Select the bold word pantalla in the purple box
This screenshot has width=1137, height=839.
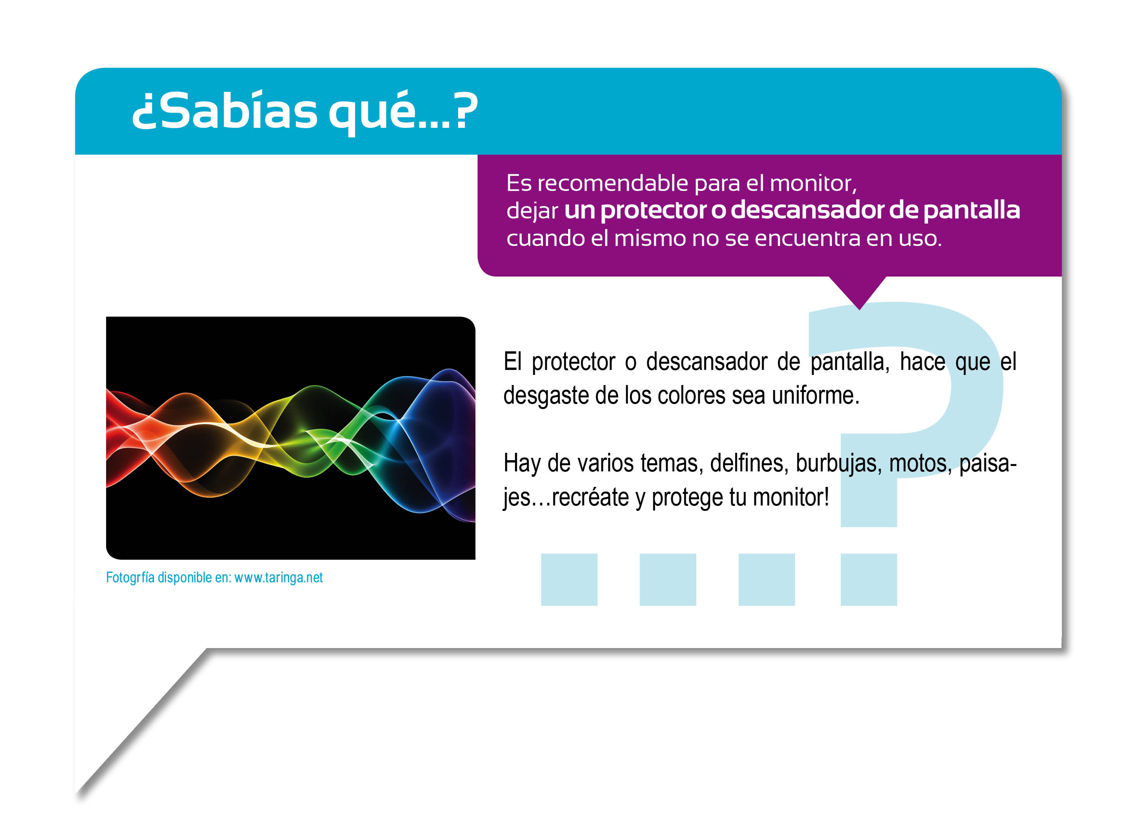(x=971, y=211)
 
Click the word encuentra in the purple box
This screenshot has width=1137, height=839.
(x=807, y=238)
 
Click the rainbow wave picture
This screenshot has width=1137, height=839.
(x=290, y=438)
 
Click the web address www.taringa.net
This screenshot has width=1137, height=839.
(x=278, y=578)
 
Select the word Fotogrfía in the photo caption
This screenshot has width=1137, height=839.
(x=130, y=578)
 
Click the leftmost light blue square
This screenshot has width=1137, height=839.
(x=569, y=579)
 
